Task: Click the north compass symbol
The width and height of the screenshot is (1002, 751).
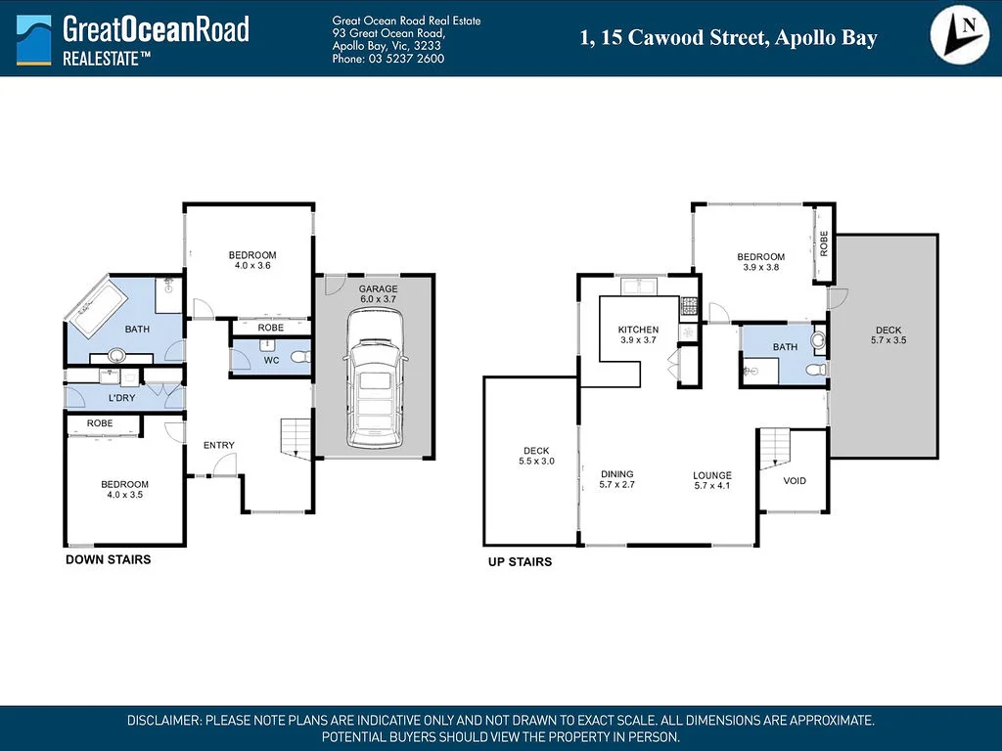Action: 960,36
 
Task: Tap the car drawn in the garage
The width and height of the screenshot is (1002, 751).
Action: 371,376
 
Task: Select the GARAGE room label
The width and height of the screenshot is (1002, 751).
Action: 378,289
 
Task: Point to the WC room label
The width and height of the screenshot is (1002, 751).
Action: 271,360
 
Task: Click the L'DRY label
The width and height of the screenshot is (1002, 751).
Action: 121,398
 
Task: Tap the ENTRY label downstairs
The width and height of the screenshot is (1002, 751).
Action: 218,446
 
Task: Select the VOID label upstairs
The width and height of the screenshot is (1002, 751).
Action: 795,480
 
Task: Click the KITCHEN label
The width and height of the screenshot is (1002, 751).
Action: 638,330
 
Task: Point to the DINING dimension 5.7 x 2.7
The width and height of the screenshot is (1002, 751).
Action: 616,484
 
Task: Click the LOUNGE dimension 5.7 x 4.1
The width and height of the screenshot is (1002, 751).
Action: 712,485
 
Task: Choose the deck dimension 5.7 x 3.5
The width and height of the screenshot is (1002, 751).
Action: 888,340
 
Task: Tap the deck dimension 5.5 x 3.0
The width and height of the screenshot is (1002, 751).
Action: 536,461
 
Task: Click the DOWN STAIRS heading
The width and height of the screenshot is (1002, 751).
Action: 108,560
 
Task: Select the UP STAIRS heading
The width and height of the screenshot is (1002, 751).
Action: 520,562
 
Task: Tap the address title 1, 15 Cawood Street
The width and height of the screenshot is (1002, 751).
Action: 728,38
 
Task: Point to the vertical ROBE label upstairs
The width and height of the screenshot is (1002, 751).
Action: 824,243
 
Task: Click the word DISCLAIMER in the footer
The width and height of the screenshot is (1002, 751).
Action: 163,721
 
